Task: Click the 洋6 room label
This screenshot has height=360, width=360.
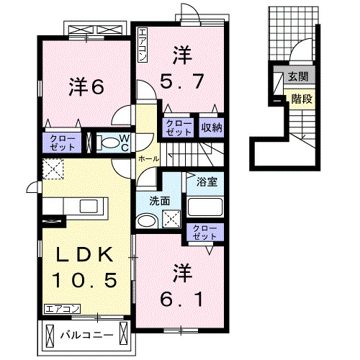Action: point(87,86)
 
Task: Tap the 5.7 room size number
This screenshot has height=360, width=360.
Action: point(180,78)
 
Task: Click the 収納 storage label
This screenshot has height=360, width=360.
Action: point(210,127)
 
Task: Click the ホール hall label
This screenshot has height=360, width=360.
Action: point(148,158)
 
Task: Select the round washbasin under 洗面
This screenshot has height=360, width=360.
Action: point(147,220)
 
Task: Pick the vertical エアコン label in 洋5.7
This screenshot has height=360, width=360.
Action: point(143,45)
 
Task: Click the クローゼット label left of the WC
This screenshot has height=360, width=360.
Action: point(61,142)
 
